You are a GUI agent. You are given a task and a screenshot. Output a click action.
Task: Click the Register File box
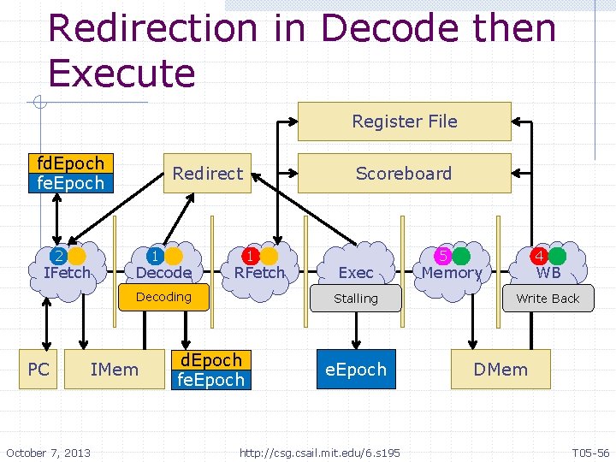(x=404, y=121)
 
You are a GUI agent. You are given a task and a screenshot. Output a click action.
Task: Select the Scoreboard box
(x=404, y=174)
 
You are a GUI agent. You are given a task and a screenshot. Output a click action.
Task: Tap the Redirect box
(x=208, y=174)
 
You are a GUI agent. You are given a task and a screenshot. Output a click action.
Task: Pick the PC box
(x=38, y=370)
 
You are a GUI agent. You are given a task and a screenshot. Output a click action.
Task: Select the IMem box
(x=114, y=370)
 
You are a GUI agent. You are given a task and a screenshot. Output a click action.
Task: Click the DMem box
(x=500, y=370)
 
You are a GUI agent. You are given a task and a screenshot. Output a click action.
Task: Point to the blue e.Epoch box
(x=356, y=370)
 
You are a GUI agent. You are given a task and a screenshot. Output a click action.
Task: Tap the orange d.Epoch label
(x=211, y=360)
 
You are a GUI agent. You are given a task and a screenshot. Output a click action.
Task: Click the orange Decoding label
(x=163, y=297)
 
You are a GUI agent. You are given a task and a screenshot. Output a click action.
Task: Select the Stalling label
(x=356, y=299)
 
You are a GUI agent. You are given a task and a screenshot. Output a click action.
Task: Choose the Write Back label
(x=548, y=299)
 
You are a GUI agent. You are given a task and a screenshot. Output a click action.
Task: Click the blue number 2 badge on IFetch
(x=58, y=256)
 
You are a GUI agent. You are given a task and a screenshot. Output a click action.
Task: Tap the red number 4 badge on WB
(x=540, y=256)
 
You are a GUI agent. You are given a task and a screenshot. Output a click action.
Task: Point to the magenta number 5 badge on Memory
(x=443, y=256)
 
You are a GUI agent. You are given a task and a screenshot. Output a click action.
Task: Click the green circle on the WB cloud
(x=558, y=256)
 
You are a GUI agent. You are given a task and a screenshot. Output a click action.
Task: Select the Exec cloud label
(x=356, y=273)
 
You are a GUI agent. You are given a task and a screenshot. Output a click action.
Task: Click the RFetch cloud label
(x=259, y=273)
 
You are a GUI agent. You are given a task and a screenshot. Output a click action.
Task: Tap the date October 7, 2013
(x=48, y=452)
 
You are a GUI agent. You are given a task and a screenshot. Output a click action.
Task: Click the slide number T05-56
(x=590, y=452)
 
